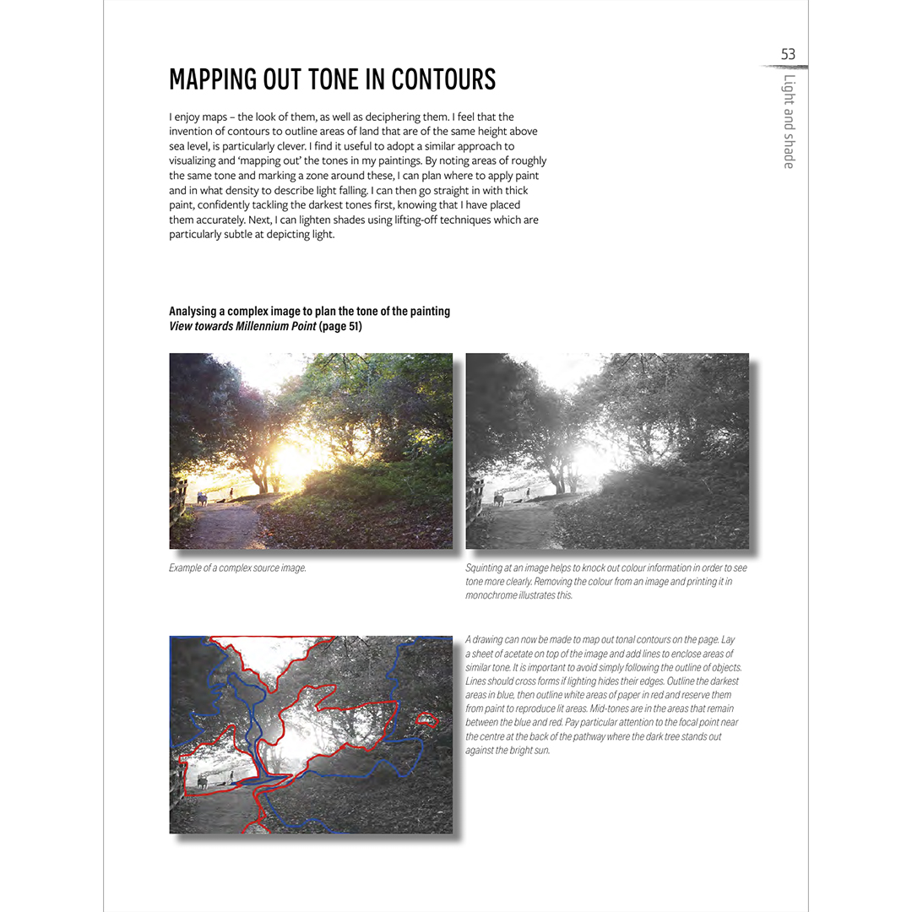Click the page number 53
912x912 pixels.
[x=788, y=54]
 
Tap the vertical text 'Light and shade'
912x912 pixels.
[x=789, y=122]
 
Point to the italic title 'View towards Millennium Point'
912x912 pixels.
[x=242, y=326]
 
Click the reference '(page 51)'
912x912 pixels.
[x=340, y=326]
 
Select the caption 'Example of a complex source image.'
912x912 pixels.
[x=237, y=567]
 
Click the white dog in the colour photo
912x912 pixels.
[x=202, y=499]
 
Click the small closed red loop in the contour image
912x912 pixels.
[x=429, y=720]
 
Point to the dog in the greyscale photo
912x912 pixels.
[x=498, y=499]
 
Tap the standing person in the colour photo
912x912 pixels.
[x=231, y=492]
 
